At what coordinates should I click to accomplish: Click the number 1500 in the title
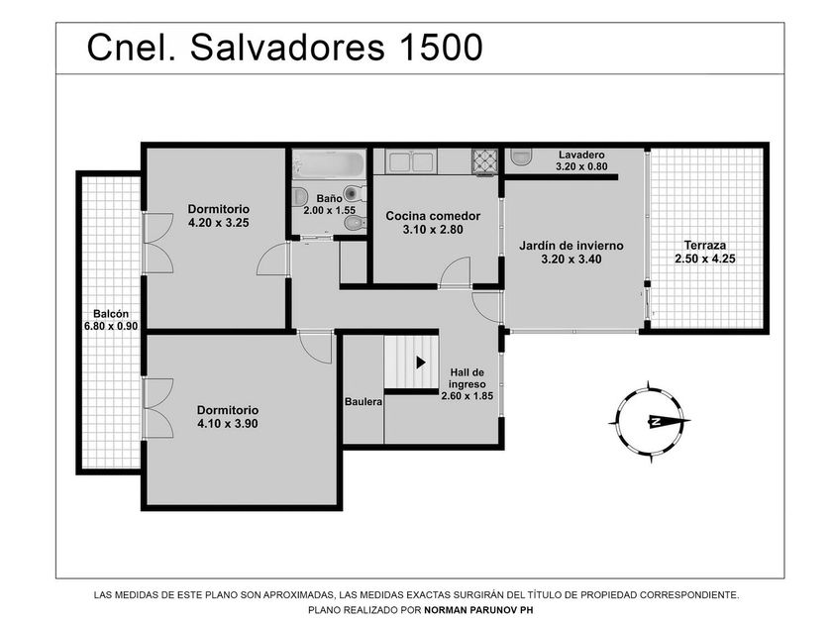click(x=441, y=48)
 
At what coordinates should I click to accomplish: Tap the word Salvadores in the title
click(x=287, y=48)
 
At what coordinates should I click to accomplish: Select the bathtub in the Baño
click(x=330, y=163)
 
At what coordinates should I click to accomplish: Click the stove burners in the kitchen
click(x=485, y=160)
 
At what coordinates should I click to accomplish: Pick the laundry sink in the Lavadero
click(x=521, y=157)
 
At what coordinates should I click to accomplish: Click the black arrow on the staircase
click(x=421, y=363)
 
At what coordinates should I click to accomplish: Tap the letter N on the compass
click(x=656, y=422)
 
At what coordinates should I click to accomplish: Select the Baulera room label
click(x=364, y=402)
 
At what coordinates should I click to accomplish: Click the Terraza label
click(x=704, y=246)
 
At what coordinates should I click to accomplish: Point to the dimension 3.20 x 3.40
click(x=571, y=260)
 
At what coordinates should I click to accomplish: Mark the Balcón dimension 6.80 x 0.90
click(x=111, y=326)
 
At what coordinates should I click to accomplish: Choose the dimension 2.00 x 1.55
click(x=329, y=210)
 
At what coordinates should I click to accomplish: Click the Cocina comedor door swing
click(x=456, y=271)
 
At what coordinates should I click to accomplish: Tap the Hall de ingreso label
click(x=467, y=378)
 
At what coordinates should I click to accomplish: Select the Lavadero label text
click(x=581, y=155)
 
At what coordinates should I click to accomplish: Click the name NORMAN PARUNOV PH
click(x=478, y=610)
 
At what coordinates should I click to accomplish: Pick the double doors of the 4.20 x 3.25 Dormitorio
click(x=158, y=243)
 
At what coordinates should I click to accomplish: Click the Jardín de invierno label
click(x=571, y=246)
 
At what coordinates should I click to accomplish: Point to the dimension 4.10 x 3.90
click(x=228, y=424)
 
